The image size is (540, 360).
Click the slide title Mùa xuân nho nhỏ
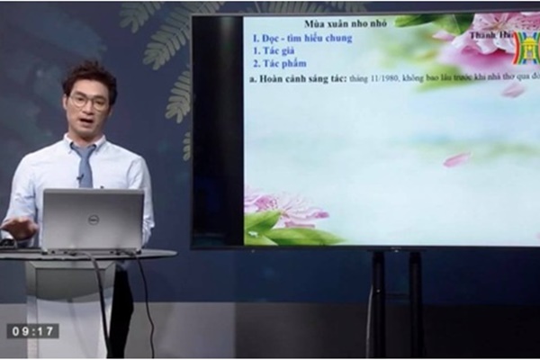point(345,23)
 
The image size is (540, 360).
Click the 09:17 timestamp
point(32,331)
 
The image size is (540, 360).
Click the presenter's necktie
point(85,166)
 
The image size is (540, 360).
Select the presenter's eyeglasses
point(90,100)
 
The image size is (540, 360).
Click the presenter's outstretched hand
point(18,228)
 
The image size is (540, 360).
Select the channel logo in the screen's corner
point(526,49)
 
